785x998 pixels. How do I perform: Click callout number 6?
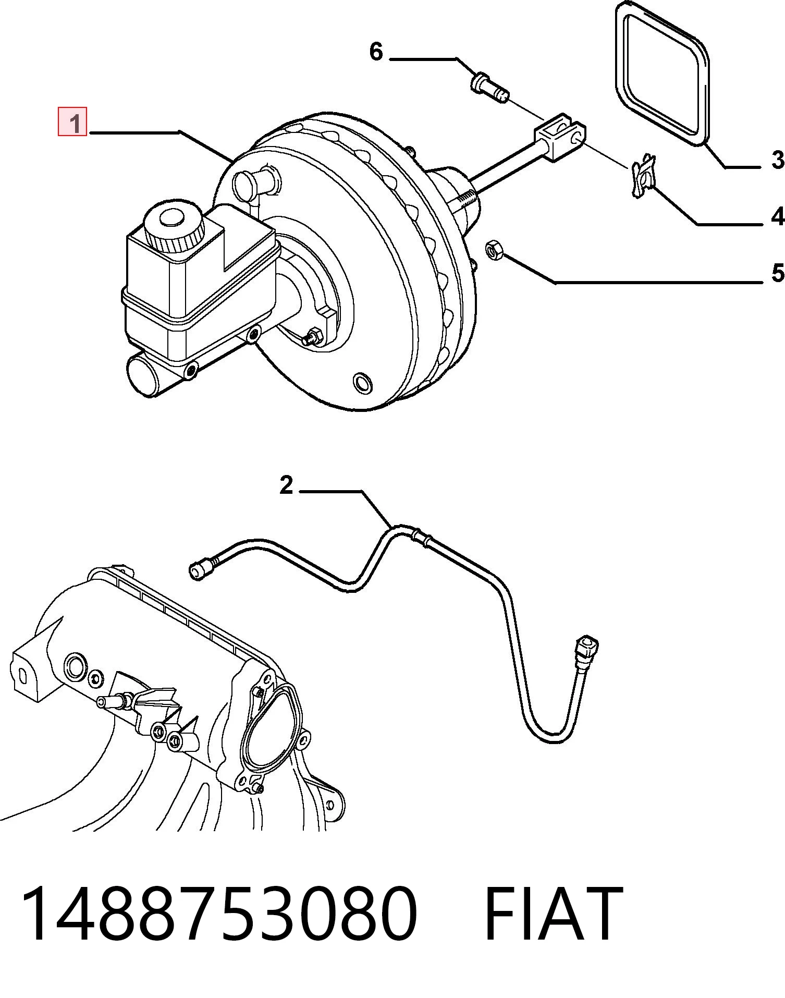pos(376,51)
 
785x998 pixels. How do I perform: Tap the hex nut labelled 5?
pos(494,250)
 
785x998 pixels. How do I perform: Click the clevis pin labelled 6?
pos(489,89)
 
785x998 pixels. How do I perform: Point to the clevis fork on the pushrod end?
pos(560,137)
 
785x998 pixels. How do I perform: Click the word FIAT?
pos(554,914)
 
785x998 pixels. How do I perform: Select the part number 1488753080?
pos(219,914)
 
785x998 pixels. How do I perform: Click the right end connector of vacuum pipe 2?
pos(586,652)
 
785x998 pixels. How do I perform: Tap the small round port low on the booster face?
pos(363,383)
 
